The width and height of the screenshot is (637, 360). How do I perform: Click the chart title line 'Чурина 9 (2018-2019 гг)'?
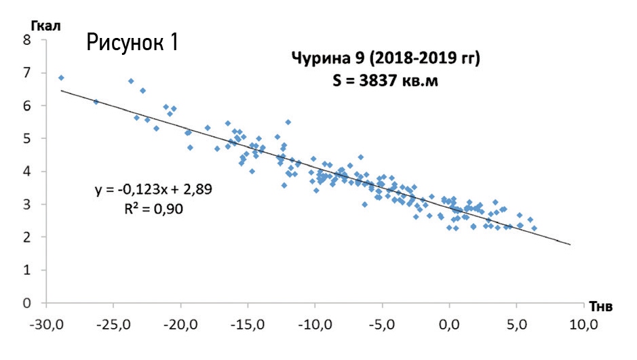coord(386,59)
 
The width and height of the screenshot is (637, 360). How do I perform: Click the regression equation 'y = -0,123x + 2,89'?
coord(153,190)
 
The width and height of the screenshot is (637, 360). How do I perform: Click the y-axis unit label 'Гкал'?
coord(46,26)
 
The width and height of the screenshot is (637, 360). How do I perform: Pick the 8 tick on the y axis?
coord(27,40)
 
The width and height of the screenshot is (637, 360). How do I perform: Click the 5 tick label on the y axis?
coord(27,138)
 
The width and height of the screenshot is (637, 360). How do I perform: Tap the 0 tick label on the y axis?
coord(27,303)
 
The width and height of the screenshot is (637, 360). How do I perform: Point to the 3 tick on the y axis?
coord(27,204)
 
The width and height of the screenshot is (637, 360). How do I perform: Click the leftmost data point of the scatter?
coord(61,78)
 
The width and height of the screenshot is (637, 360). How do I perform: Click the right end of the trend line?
coord(570,244)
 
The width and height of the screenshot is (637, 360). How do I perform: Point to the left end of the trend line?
coord(62,90)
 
